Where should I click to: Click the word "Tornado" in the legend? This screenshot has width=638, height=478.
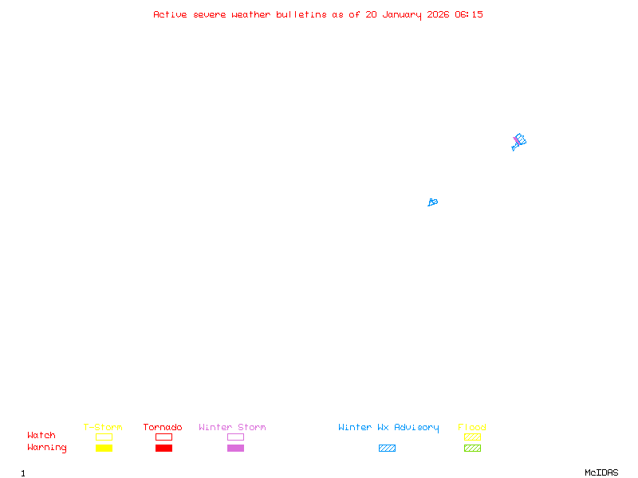pos(163,428)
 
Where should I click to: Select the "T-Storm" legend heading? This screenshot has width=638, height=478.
pos(103,428)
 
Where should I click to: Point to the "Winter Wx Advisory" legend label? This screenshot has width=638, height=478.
pos(388,428)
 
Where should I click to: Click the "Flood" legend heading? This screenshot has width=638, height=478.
pos(472,428)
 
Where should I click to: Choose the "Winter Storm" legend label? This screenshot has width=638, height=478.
pos(232,428)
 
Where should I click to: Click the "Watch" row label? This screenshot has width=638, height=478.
pos(41,436)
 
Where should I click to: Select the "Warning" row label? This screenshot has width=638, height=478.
pos(47,448)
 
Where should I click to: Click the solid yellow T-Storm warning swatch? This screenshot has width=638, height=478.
pos(104,448)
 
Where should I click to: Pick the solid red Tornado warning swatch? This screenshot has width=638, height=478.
pos(163,448)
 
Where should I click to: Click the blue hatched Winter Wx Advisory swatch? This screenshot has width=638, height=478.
pos(387,448)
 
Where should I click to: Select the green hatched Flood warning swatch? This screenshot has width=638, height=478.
pos(472,448)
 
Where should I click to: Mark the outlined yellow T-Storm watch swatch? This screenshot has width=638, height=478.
pos(104,437)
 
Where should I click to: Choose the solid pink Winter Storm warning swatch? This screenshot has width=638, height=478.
pos(235,448)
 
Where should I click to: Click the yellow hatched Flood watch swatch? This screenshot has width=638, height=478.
pos(472,437)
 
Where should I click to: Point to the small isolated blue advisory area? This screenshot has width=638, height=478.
pos(433,202)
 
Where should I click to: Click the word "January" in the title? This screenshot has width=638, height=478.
pos(401,14)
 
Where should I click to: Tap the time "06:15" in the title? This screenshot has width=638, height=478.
pos(469,14)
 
